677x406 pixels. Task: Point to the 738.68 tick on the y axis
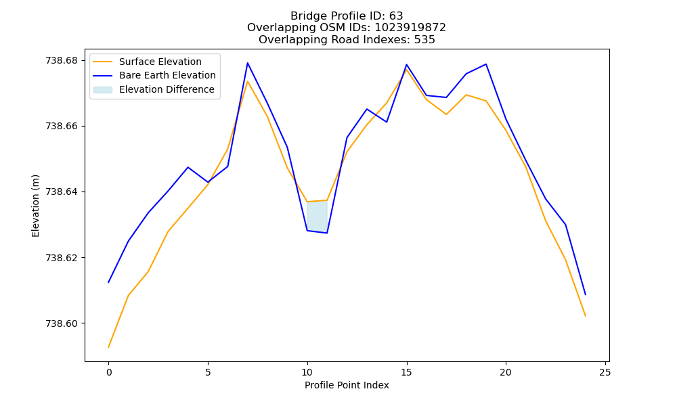click(x=62, y=60)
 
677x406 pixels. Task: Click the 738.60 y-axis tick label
click(x=62, y=323)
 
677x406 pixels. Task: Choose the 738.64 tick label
click(x=62, y=192)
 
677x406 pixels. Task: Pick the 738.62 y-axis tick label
click(x=62, y=258)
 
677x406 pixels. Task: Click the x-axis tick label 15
click(x=406, y=372)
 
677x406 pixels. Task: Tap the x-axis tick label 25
click(x=605, y=372)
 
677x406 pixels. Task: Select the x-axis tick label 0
click(x=109, y=372)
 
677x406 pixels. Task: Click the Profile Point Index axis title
click(x=347, y=385)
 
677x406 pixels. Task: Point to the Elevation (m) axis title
click(x=35, y=206)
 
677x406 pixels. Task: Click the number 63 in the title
click(x=396, y=16)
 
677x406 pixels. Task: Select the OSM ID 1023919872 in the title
click(x=410, y=28)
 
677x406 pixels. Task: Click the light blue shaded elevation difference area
click(x=317, y=217)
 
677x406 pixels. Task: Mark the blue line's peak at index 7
click(x=247, y=63)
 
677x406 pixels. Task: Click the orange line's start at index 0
click(x=108, y=347)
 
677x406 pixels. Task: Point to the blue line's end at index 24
click(x=586, y=294)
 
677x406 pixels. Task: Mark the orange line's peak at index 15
click(x=406, y=69)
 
